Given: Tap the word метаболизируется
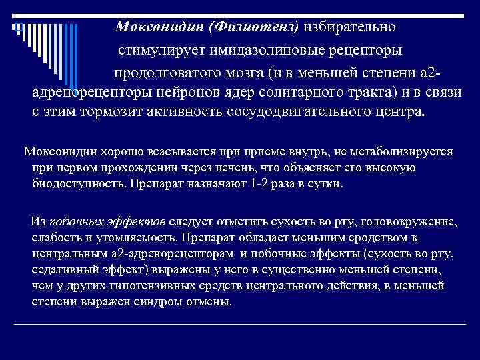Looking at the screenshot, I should [x=403, y=151].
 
